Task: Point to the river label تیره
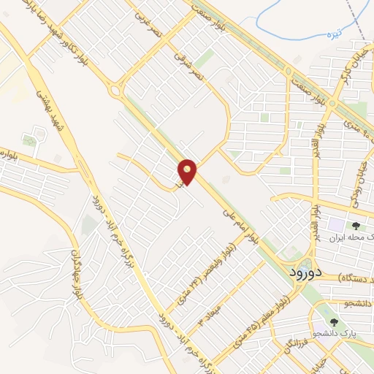(335, 34)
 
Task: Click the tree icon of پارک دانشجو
(333, 321)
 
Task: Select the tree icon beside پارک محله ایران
(356, 226)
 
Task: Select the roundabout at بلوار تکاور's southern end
(115, 91)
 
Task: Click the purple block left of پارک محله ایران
(337, 226)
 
